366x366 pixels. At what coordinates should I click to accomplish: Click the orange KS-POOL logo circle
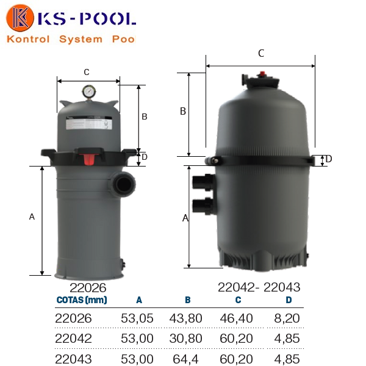point(20,18)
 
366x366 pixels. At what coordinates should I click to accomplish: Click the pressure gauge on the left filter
point(88,91)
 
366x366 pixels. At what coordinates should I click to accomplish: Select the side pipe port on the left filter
point(123,184)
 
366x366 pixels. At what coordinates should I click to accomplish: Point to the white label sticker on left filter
point(89,123)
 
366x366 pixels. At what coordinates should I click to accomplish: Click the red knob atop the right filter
point(262,74)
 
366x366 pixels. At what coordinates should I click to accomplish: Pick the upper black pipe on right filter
point(204,182)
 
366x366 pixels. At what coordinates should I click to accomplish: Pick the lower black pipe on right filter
point(204,206)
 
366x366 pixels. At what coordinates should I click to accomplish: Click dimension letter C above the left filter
point(87,72)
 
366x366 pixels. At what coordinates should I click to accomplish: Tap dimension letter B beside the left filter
point(145,117)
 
